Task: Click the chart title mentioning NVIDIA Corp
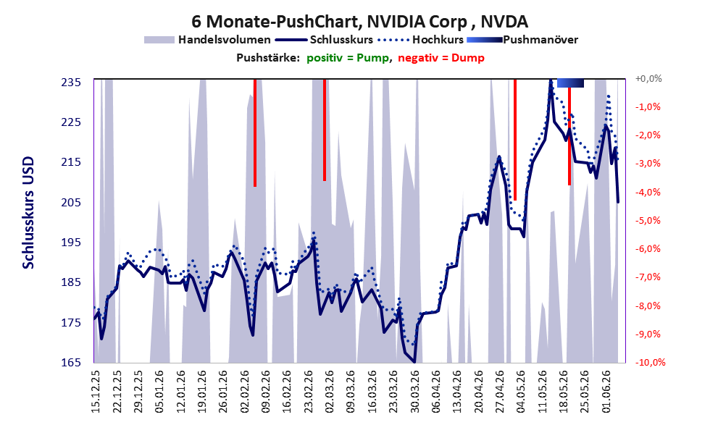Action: click(x=359, y=22)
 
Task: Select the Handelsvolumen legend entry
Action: click(x=207, y=40)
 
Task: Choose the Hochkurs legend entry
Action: click(x=421, y=40)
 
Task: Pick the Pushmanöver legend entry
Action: click(x=522, y=40)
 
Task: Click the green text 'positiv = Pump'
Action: click(x=348, y=58)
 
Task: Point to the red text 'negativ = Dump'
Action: click(x=441, y=58)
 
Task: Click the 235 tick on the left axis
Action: click(x=72, y=83)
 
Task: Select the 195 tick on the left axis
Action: click(x=72, y=243)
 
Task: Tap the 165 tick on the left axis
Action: click(x=72, y=363)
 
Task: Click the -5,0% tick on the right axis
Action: click(x=648, y=221)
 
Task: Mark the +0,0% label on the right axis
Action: click(x=648, y=79)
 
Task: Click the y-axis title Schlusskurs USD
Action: click(x=28, y=213)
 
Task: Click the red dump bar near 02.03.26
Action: click(x=325, y=130)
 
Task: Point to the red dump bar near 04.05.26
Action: click(x=515, y=140)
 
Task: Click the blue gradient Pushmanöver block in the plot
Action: click(x=570, y=83)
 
